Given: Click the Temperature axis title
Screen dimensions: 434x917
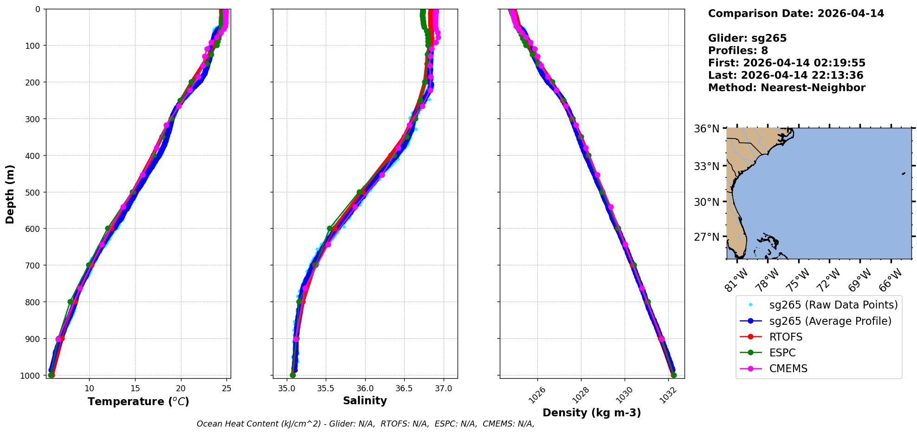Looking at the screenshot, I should click(138, 401).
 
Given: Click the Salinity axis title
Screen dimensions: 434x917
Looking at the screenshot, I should click(365, 401).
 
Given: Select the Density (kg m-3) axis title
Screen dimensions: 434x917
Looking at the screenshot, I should click(592, 413).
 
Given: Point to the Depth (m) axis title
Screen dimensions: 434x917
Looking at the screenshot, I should click(10, 194).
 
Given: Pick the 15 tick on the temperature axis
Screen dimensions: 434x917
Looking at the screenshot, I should click(135, 388).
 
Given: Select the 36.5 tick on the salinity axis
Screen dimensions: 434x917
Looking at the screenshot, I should click(404, 388).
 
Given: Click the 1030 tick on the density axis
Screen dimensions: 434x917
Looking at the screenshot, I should click(624, 395).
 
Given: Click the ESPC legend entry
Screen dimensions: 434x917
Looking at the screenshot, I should click(782, 353).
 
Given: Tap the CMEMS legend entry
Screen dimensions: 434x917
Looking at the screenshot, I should click(788, 368).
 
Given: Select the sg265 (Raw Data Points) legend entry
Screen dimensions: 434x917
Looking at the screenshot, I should click(833, 305).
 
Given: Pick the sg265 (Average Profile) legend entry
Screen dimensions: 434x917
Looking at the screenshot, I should click(830, 321).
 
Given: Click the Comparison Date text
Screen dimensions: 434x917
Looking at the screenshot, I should click(796, 13).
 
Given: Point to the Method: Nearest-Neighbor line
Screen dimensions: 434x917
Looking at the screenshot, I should click(787, 88).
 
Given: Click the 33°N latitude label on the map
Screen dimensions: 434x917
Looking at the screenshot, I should click(706, 166).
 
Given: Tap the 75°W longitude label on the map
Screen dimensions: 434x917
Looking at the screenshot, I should click(799, 280).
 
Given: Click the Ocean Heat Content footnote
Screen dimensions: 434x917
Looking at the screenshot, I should click(365, 424).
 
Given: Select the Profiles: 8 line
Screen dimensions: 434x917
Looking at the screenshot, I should click(738, 51).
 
